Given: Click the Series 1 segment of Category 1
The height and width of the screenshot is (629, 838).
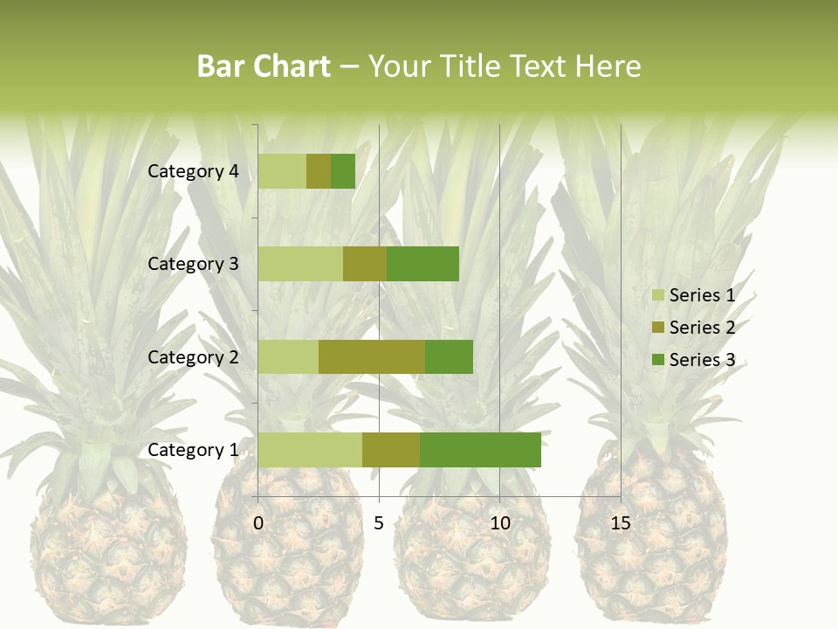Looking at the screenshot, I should click(310, 450).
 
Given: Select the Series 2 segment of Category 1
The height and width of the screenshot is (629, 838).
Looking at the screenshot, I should click(391, 450).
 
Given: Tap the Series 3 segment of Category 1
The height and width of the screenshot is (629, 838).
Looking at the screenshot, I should click(480, 450).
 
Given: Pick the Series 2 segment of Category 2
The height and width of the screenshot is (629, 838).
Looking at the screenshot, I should click(372, 356).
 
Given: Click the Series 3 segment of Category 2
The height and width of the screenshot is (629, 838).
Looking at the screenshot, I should click(449, 356).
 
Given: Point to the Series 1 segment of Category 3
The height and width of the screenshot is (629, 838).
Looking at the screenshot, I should click(300, 264).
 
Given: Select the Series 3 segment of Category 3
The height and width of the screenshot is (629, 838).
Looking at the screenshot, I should click(422, 264).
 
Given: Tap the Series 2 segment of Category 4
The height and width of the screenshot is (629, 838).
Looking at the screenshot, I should click(319, 171).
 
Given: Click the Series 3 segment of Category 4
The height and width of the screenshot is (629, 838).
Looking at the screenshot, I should click(343, 171).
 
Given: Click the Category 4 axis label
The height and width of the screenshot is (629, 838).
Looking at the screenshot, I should click(193, 171).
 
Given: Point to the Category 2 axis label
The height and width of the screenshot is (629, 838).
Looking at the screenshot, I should click(193, 356).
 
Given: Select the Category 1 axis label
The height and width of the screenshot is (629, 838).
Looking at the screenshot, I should click(193, 450).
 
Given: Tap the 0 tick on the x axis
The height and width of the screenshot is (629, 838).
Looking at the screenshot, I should click(258, 523).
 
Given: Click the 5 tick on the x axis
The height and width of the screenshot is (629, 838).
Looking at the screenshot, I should click(379, 523).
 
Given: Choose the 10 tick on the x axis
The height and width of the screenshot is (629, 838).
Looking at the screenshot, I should click(499, 523).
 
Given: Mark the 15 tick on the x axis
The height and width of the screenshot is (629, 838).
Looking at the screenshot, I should click(621, 523).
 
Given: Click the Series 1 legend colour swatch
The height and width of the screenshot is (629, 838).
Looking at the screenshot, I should click(657, 295).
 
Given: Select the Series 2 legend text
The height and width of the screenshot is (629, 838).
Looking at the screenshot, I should click(702, 328).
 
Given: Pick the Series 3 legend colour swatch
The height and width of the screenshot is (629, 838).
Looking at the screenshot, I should click(657, 360).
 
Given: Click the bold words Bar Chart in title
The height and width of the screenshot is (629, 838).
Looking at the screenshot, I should click(264, 66).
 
